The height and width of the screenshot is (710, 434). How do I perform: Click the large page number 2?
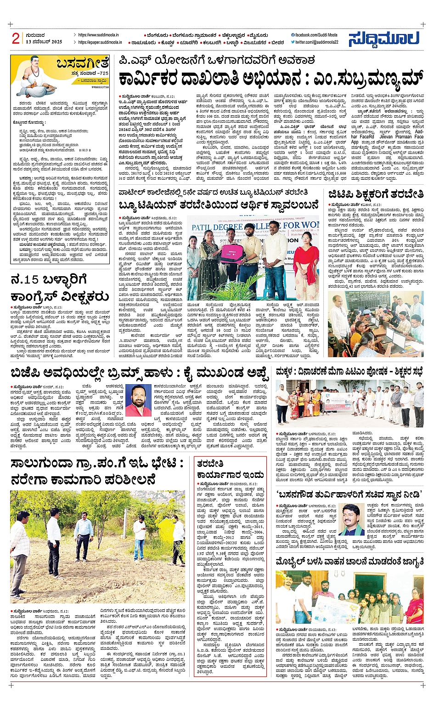16,39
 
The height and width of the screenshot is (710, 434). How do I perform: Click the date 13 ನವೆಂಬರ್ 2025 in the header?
44,42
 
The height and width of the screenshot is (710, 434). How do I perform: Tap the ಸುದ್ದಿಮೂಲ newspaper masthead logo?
384,39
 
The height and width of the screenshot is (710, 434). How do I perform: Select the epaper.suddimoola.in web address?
100,42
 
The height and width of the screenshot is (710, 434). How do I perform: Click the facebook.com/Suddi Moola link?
314,35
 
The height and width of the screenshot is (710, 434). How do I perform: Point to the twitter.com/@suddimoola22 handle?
314,42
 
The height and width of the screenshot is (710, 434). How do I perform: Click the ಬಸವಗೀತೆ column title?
83,63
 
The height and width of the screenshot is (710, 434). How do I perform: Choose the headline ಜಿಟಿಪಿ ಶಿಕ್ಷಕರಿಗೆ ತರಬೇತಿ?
375,194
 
